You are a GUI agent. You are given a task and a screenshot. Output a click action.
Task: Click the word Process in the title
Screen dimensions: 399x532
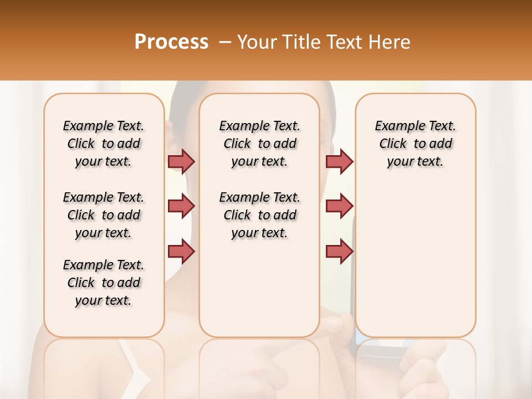click(171, 42)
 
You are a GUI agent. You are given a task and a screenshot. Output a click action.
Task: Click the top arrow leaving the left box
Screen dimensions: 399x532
click(181, 161)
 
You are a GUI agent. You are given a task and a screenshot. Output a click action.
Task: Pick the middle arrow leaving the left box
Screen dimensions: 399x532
click(181, 206)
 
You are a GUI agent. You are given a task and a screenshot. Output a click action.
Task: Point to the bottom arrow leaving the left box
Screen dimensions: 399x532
click(181, 251)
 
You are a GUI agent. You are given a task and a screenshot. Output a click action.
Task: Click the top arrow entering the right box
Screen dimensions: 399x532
click(339, 161)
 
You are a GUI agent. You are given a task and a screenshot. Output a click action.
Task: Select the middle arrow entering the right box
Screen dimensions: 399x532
click(339, 206)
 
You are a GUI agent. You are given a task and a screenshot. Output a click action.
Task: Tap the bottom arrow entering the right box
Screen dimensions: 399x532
click(339, 251)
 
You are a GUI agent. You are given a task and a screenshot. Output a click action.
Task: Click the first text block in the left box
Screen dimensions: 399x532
click(104, 144)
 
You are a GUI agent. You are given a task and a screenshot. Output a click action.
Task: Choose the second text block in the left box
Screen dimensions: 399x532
click(104, 215)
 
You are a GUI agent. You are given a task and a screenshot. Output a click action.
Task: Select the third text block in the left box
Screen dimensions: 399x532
click(104, 283)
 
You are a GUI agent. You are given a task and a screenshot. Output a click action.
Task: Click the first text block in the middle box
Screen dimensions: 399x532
click(259, 144)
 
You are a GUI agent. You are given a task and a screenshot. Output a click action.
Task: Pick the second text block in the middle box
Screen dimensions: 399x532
click(259, 215)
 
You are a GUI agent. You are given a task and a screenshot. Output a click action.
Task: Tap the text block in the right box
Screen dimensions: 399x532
click(415, 144)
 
